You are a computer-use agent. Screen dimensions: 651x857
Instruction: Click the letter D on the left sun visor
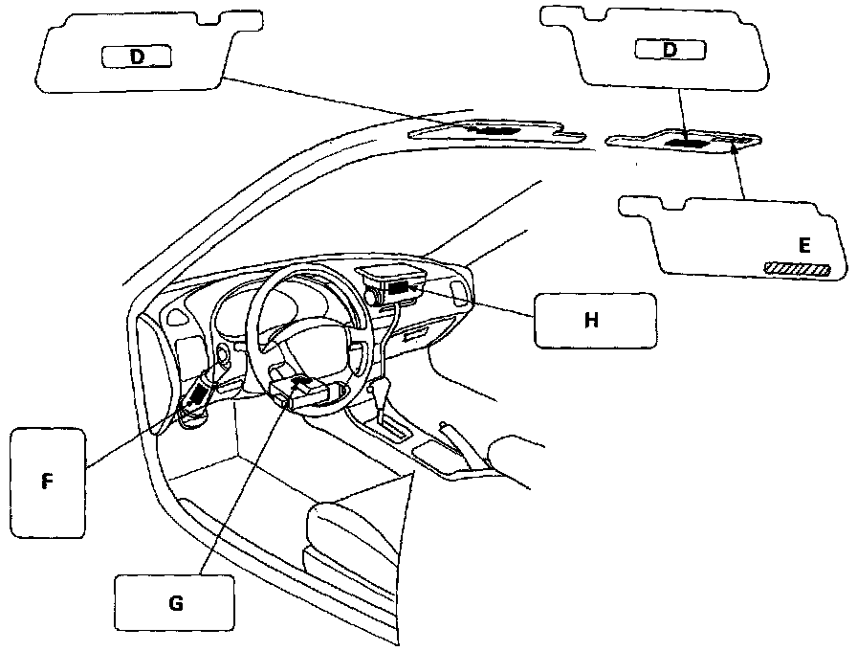click(137, 56)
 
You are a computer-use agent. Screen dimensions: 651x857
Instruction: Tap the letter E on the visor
click(804, 246)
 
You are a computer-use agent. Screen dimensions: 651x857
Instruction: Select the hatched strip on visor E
click(793, 268)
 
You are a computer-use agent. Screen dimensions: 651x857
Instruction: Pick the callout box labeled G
click(174, 604)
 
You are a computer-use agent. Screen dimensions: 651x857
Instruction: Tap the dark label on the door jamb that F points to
click(199, 393)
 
